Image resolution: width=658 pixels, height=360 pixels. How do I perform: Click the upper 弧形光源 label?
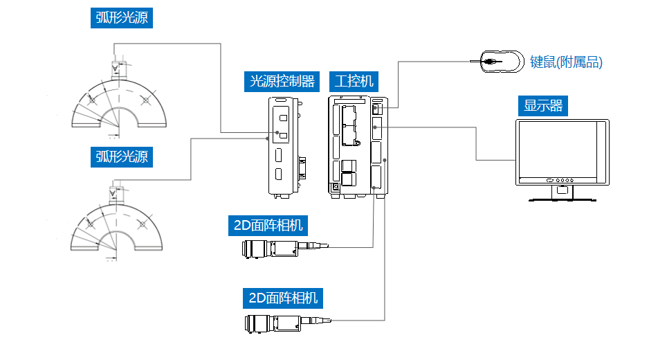[121, 17]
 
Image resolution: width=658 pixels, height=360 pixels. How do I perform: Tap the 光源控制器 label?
[282, 81]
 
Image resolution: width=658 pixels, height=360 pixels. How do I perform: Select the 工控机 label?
[353, 81]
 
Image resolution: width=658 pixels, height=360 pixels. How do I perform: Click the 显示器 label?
[542, 106]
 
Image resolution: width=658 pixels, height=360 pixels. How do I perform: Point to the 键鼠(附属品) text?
[566, 62]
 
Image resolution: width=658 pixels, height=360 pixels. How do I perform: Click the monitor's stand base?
[562, 199]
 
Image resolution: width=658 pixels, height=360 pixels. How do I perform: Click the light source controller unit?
[283, 147]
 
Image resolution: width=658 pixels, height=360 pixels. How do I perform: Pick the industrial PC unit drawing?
[358, 147]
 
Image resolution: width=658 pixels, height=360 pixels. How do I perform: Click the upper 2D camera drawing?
[284, 248]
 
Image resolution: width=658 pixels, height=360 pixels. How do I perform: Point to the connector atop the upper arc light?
[115, 67]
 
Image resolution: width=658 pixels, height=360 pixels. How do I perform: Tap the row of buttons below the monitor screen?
[561, 179]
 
